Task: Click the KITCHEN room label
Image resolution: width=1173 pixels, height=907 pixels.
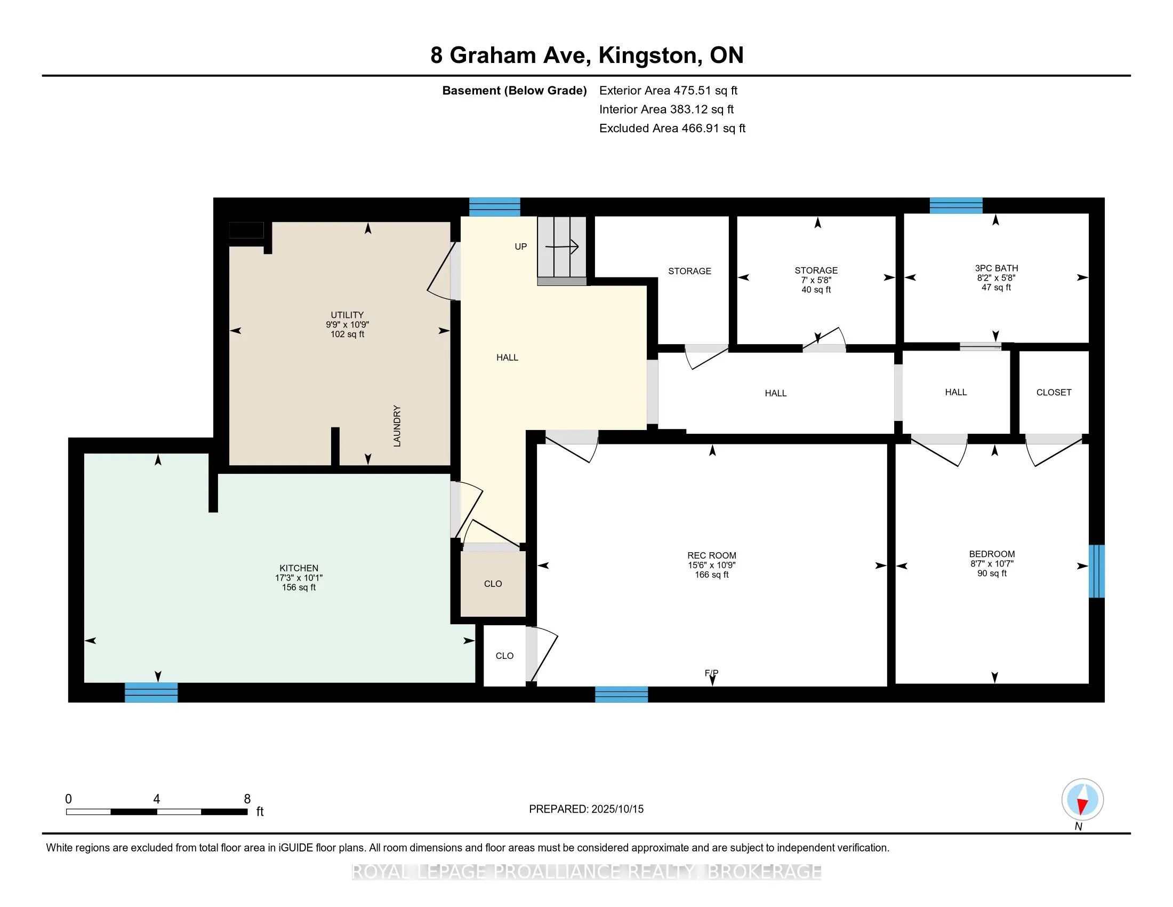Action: pos(299,568)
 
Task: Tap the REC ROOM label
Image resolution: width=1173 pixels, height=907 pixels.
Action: pos(712,555)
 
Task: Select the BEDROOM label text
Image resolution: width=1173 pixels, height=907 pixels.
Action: pos(992,554)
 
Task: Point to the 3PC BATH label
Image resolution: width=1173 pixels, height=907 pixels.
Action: pos(997,268)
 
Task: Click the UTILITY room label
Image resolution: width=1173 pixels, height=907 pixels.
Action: pos(347,315)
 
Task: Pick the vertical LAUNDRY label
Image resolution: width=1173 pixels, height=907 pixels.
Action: pos(397,426)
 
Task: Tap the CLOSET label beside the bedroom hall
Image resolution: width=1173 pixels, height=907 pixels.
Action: pos(1054,393)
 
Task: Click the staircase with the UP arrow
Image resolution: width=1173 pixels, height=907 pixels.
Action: pos(562,251)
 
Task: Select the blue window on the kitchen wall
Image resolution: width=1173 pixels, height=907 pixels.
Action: pos(151,692)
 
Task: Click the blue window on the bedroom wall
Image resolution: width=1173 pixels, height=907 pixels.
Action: pos(1097,571)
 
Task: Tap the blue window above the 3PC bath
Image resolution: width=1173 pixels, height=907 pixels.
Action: pos(956,206)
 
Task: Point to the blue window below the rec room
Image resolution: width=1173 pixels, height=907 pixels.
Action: pos(621,694)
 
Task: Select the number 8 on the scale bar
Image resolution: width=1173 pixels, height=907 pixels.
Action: pos(247,799)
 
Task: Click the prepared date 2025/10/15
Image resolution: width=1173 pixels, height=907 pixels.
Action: pos(617,809)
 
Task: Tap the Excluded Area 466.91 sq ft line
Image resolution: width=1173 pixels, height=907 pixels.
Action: pos(672,129)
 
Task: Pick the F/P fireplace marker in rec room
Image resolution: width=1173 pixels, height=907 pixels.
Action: pos(712,673)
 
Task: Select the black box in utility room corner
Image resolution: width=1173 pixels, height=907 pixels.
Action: pos(246,230)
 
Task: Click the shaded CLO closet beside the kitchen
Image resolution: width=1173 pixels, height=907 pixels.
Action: pos(493,584)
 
